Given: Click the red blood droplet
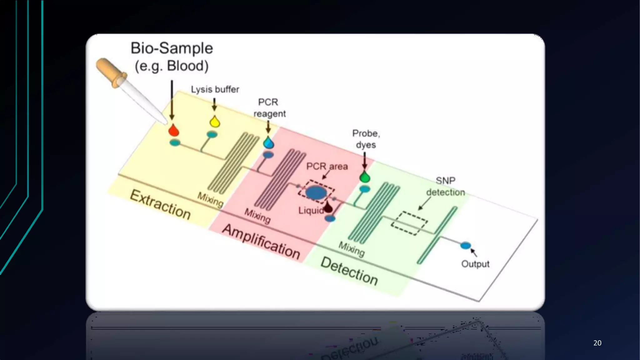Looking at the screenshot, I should [x=173, y=131].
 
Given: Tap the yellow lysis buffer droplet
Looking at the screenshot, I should [x=215, y=122].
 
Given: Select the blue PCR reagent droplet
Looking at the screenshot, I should [x=268, y=143].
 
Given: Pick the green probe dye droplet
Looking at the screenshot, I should [x=365, y=177].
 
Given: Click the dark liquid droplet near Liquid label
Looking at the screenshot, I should [x=328, y=207].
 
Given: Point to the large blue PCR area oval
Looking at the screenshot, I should [x=316, y=192].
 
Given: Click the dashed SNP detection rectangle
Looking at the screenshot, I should [x=409, y=223].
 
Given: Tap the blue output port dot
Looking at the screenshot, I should [x=465, y=246].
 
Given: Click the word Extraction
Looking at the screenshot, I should [x=160, y=205].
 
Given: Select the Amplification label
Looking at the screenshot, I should [x=261, y=242].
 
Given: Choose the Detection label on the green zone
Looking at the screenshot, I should [x=349, y=271].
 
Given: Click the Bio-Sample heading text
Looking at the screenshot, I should [x=172, y=48].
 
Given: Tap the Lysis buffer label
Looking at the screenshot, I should [x=215, y=89].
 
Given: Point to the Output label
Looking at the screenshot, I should [x=475, y=264].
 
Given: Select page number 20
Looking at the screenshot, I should [x=597, y=343].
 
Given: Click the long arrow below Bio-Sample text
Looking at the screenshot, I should [x=172, y=100].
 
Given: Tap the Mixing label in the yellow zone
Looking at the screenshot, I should [x=210, y=200].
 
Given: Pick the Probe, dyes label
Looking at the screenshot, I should [x=366, y=139].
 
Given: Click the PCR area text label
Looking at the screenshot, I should [x=327, y=166].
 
